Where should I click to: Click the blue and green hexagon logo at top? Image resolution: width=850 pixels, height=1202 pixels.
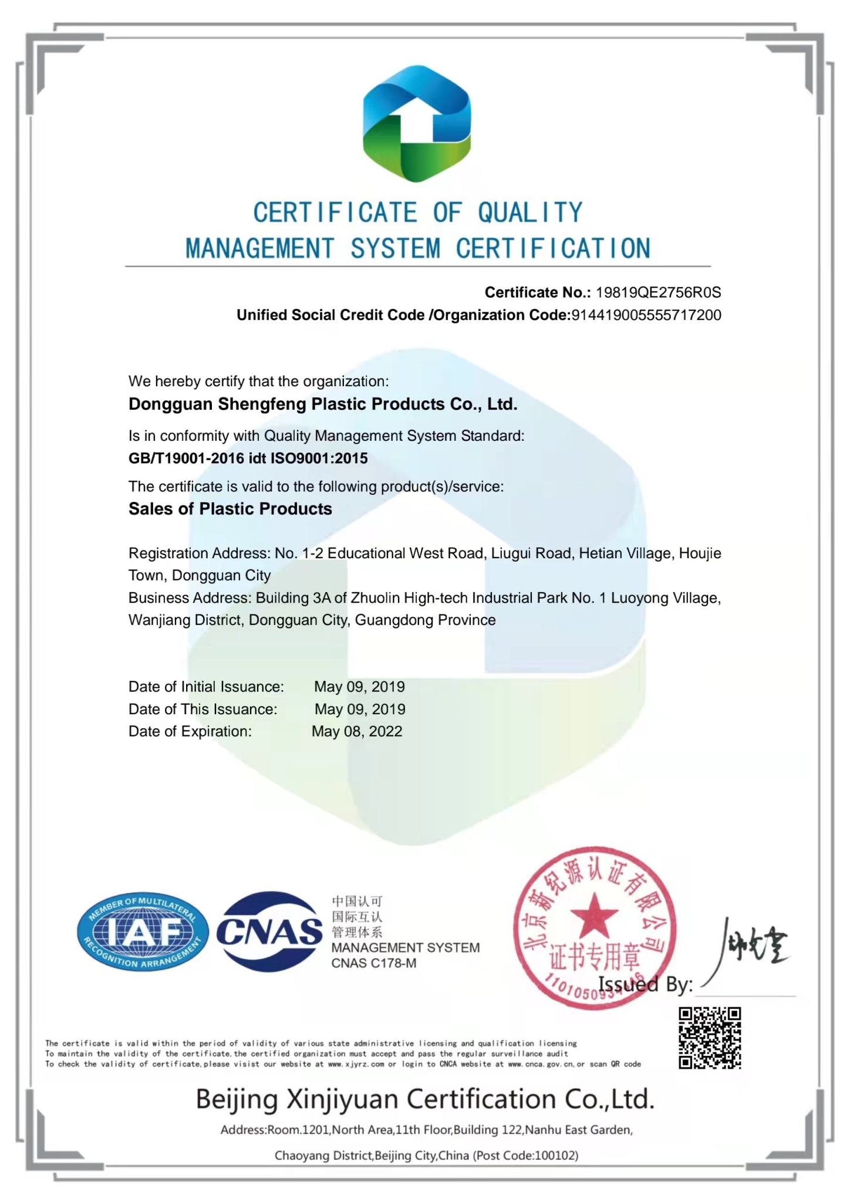pyautogui.click(x=416, y=123)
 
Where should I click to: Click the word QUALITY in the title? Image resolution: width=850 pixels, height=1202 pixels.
pyautogui.click(x=529, y=212)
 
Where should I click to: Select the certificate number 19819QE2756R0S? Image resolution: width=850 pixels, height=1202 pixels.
pyautogui.click(x=658, y=292)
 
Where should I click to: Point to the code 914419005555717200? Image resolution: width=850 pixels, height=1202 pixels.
pyautogui.click(x=646, y=315)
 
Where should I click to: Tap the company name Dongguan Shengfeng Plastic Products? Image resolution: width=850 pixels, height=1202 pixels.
pyautogui.click(x=322, y=404)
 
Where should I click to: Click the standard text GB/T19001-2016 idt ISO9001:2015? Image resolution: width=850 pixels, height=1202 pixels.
pyautogui.click(x=248, y=458)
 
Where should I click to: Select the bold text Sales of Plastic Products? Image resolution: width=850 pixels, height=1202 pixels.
pyautogui.click(x=230, y=509)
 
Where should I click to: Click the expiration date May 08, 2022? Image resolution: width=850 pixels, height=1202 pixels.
pyautogui.click(x=357, y=731)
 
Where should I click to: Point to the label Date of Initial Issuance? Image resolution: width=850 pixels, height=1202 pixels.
pyautogui.click(x=206, y=687)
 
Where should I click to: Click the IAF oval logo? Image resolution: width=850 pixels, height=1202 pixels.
pyautogui.click(x=143, y=931)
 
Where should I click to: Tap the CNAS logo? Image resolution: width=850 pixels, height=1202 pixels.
pyautogui.click(x=269, y=931)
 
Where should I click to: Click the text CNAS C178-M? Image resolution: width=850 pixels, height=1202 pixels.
pyautogui.click(x=374, y=963)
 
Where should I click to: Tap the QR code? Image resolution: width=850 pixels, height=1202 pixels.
pyautogui.click(x=710, y=1038)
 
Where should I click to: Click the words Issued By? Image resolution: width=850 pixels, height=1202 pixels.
pyautogui.click(x=645, y=984)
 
